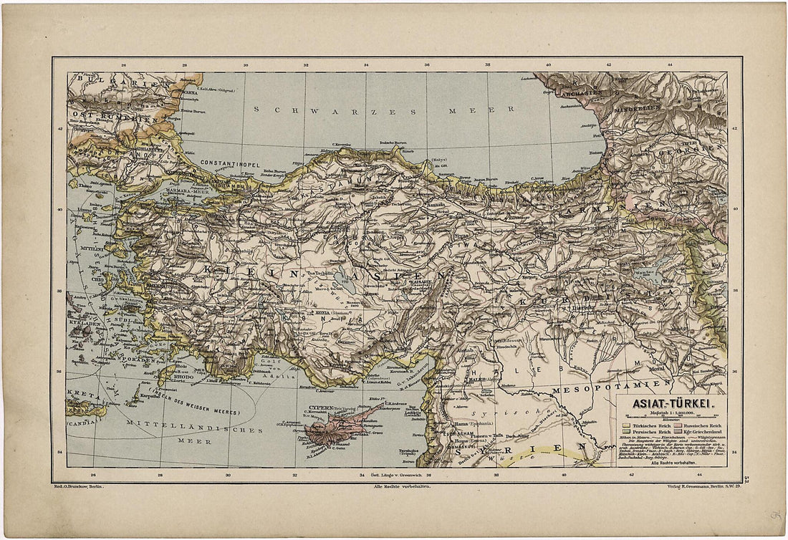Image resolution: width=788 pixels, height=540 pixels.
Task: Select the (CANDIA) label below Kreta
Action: pos(79,423)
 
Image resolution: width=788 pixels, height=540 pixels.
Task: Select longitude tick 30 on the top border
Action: pos(246,65)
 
